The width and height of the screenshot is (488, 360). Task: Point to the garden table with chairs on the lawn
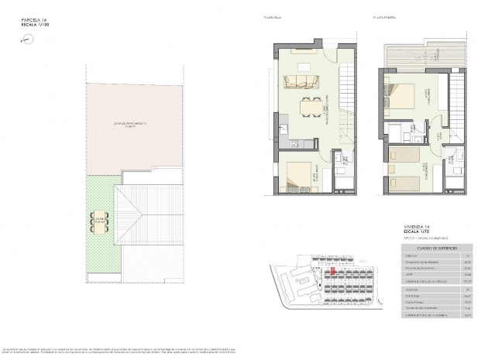(x=98, y=225)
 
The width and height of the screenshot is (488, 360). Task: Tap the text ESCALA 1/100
(x=36, y=27)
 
